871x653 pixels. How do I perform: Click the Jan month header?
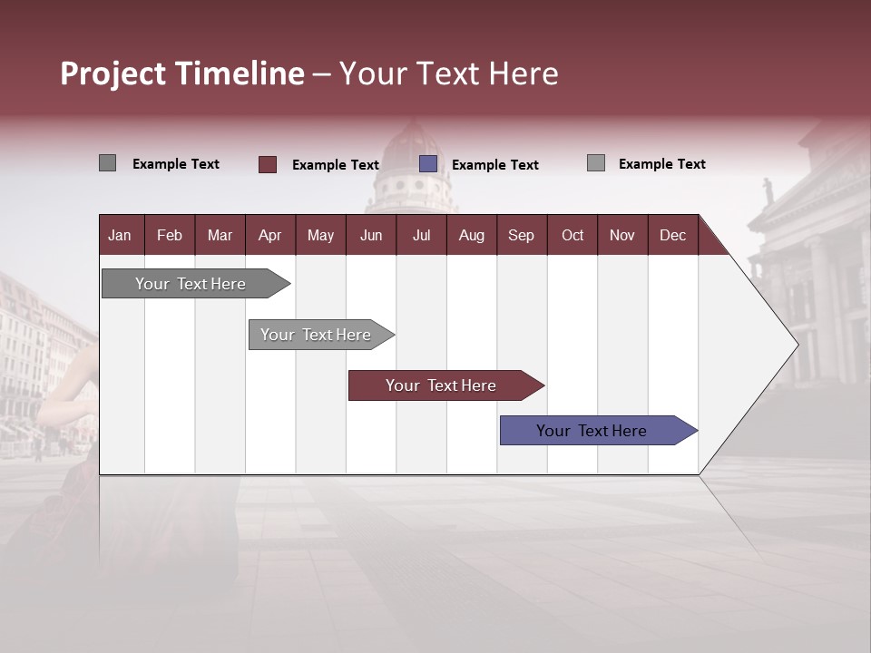click(120, 236)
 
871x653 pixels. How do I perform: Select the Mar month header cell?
click(220, 236)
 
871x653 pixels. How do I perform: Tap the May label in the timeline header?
click(320, 236)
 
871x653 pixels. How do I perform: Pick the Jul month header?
click(421, 236)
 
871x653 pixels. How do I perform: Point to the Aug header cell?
click(471, 236)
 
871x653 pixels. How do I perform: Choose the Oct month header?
click(573, 236)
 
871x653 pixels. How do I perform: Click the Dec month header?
click(672, 236)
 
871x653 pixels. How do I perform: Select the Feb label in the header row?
click(170, 236)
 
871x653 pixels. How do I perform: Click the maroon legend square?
click(268, 164)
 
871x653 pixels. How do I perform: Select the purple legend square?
click(428, 164)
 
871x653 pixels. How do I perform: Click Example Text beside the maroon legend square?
click(335, 165)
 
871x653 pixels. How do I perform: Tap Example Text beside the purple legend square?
click(494, 165)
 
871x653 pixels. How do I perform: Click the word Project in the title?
click(113, 73)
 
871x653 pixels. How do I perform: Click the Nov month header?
click(622, 236)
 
